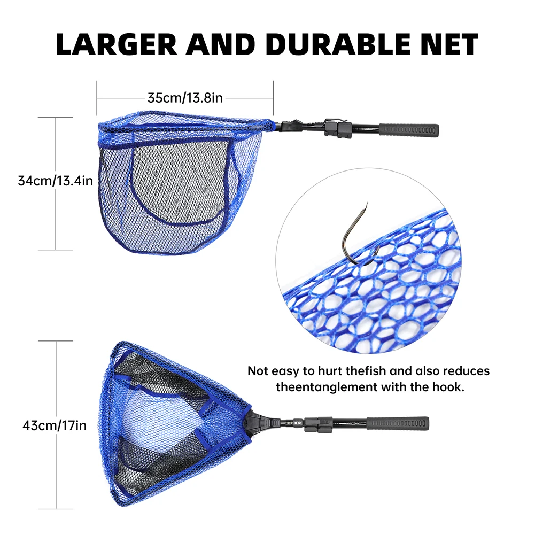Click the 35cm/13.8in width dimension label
click(185, 98)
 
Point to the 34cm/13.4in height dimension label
click(56, 181)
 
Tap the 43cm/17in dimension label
click(55, 425)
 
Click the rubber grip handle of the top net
click(409, 130)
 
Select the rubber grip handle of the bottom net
click(399, 423)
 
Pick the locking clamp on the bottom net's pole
click(313, 422)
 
